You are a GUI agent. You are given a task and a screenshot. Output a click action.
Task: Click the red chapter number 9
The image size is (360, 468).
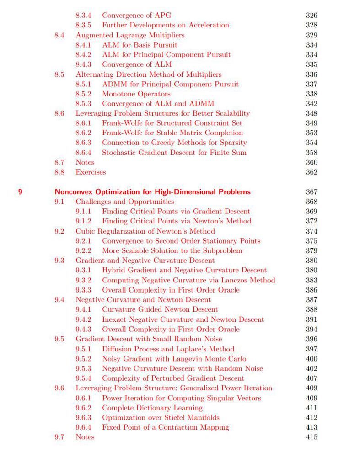tap(20, 192)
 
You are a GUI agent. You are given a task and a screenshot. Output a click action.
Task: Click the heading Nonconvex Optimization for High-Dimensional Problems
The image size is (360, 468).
tap(152, 192)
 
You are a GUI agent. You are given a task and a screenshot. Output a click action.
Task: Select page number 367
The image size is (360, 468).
tap(312, 192)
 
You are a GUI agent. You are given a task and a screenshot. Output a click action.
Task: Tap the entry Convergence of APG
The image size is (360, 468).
tap(136, 16)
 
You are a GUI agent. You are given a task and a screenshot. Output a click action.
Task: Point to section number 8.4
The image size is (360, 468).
tap(59, 35)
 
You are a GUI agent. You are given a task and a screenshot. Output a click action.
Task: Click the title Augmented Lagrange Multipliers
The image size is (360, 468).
tap(130, 35)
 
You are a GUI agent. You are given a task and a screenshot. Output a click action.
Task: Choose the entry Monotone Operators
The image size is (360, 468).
tap(136, 94)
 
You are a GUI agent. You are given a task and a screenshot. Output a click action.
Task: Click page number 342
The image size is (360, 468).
tap(312, 104)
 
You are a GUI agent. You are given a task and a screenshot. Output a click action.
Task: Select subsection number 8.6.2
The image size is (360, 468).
tap(83, 133)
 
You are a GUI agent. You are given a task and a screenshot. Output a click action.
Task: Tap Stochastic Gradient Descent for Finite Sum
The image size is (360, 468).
tap(174, 153)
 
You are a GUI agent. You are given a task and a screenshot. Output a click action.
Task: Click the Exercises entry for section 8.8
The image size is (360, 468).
tap(91, 172)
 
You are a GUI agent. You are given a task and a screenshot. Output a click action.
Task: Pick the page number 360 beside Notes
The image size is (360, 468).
tap(312, 162)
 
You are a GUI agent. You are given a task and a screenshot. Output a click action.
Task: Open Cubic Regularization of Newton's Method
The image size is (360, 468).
tap(145, 231)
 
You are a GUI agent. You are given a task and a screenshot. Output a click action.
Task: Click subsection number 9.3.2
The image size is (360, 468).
tap(83, 280)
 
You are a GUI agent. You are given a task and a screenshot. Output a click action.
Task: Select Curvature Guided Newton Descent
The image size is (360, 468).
tap(160, 310)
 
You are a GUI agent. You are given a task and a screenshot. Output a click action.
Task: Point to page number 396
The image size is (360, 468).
tap(312, 339)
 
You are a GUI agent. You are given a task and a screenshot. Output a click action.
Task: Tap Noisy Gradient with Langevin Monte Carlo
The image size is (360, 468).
tap(174, 359)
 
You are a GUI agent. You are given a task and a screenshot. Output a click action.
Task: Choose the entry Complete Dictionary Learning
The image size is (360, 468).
tap(152, 408)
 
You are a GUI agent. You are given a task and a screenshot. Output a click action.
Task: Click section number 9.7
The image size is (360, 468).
tap(59, 437)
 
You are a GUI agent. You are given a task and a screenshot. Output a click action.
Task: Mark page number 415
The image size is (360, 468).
tap(312, 437)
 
